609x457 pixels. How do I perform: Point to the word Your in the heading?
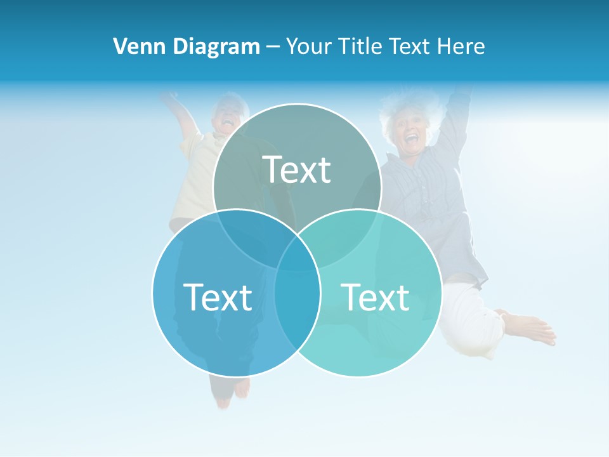307,46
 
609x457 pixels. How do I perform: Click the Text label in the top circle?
297,169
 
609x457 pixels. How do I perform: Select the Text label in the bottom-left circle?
218,296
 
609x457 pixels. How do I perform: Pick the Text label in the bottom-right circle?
375,296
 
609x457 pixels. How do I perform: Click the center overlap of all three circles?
297,251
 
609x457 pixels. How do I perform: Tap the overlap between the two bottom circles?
297,298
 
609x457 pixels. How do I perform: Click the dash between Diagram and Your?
273,46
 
